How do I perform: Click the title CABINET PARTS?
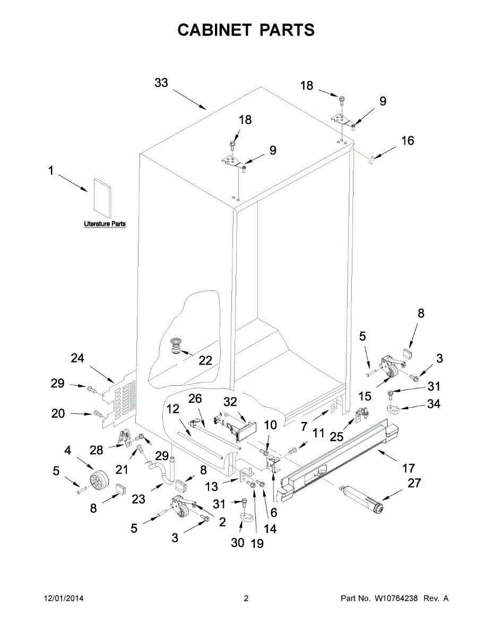tap(246, 30)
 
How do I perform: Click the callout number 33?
tap(161, 83)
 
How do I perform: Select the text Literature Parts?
tap(105, 224)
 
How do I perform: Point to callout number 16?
tap(408, 141)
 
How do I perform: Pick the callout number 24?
tap(77, 358)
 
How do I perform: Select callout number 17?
tap(409, 468)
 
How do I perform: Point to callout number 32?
tap(231, 403)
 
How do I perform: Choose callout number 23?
tap(139, 498)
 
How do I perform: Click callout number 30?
tap(237, 542)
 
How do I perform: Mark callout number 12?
tap(172, 409)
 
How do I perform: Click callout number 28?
tap(96, 450)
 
